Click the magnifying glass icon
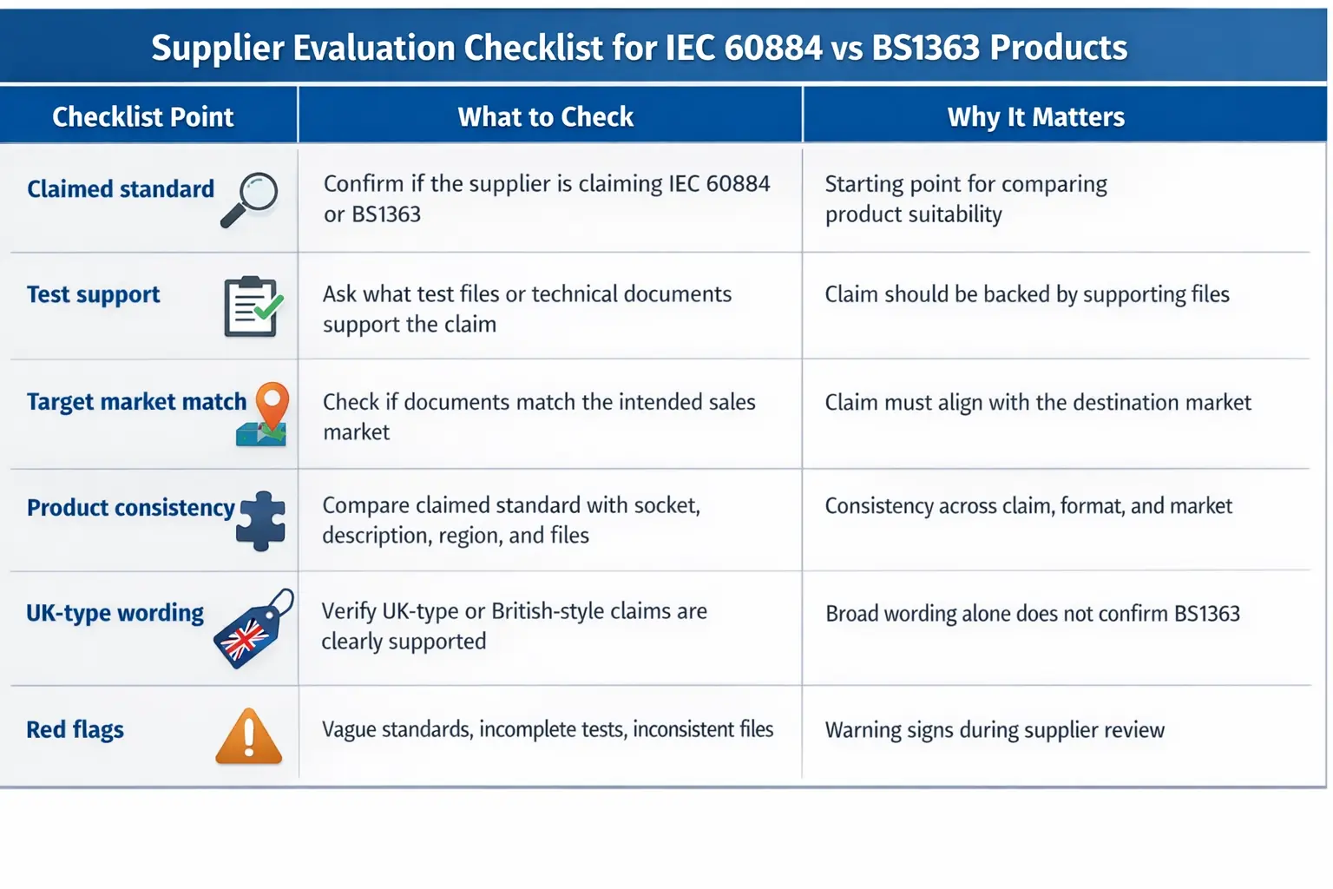click(250, 200)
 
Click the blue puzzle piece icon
click(261, 521)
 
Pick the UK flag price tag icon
click(253, 629)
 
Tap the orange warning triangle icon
click(249, 737)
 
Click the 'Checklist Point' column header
click(143, 116)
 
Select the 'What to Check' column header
click(546, 116)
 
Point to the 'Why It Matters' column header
click(1035, 116)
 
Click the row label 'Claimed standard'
click(121, 189)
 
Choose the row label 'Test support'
click(94, 295)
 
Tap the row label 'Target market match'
click(136, 402)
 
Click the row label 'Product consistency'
click(131, 508)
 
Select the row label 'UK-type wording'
click(115, 613)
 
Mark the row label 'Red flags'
click(76, 729)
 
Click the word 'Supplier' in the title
click(218, 48)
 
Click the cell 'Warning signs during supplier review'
click(995, 730)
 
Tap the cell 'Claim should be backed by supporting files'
click(1027, 294)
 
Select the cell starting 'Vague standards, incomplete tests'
click(548, 729)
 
